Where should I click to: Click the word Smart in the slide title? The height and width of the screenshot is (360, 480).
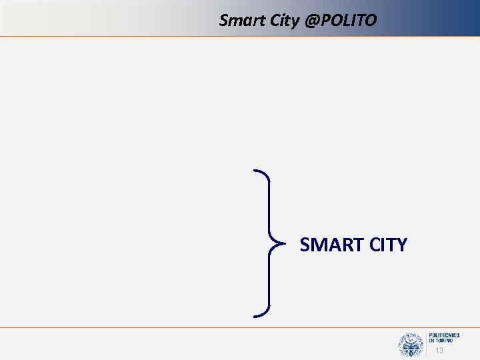point(239,21)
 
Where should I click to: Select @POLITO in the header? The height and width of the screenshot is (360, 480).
point(340,21)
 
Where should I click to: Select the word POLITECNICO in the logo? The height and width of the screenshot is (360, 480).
point(445,335)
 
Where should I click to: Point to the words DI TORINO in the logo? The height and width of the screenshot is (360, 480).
point(441,341)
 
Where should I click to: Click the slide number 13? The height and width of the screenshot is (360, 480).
point(439,351)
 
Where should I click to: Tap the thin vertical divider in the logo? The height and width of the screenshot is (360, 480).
point(425,344)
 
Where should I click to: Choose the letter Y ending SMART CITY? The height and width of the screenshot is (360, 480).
point(401,245)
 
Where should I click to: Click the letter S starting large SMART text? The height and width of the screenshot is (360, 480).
point(305,245)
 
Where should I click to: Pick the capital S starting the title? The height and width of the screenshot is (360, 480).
point(224,21)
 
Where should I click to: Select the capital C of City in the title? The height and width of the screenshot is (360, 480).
point(270,21)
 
